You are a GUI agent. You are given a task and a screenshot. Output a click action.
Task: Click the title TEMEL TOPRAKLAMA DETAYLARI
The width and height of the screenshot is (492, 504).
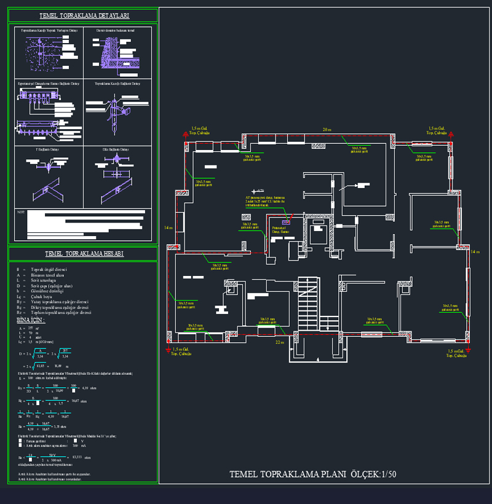tap(84, 16)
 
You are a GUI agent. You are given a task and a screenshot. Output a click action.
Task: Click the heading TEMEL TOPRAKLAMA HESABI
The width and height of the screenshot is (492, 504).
tap(84, 253)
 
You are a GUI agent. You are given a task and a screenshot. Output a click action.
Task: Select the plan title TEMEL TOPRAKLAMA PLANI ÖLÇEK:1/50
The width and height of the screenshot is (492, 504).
tap(312, 474)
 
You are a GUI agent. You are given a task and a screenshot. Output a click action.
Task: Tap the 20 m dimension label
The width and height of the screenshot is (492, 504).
tap(327, 130)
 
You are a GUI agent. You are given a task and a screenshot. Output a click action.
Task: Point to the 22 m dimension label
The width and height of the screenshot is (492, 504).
tap(279, 342)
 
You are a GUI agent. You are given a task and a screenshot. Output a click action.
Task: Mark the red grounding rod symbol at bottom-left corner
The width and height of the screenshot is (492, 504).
tap(168, 348)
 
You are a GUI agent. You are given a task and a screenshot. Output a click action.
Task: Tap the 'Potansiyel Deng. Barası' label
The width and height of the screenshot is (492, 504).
tap(280, 229)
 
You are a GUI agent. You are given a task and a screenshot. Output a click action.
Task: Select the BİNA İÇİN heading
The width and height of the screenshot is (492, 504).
tap(31, 321)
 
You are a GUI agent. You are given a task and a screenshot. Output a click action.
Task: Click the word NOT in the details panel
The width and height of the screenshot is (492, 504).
tap(20, 212)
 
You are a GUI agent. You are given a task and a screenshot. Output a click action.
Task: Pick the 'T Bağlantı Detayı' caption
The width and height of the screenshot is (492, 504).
tap(46, 149)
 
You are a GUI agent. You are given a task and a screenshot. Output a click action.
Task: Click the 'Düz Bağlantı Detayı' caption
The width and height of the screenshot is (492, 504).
tap(115, 149)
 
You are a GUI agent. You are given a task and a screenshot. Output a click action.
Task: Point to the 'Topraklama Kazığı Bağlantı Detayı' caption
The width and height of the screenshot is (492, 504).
tap(114, 83)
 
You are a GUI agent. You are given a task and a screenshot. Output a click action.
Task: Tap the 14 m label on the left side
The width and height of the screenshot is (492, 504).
tap(168, 228)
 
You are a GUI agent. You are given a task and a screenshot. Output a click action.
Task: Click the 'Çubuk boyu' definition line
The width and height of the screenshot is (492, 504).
tap(44, 297)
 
